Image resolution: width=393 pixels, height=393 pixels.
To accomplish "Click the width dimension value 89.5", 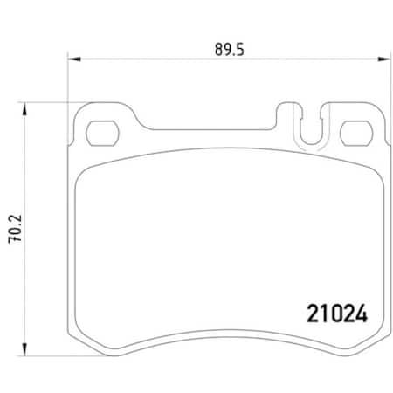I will click(226, 50).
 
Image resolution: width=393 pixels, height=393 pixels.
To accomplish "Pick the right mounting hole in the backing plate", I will click(354, 133).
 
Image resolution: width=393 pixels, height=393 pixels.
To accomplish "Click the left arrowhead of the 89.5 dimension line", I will click(74, 59).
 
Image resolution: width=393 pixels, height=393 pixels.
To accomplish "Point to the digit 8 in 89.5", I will click(216, 50).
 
